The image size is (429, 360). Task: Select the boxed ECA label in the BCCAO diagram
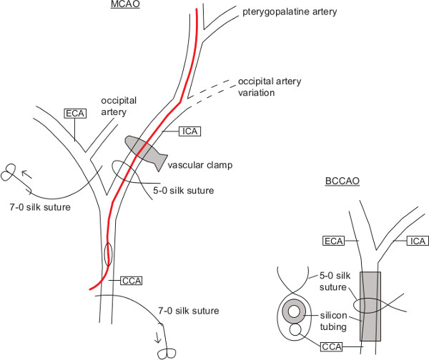coord(334,241)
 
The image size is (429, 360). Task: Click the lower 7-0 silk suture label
coord(188,311)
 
